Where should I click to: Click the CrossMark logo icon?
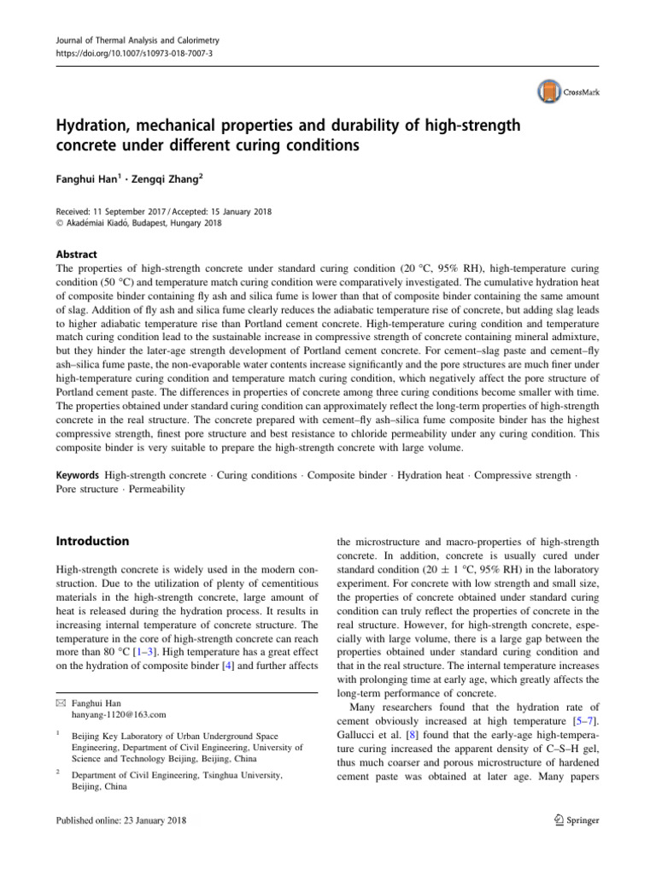point(546,91)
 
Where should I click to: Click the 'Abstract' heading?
point(76,254)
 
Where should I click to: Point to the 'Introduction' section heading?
point(91,541)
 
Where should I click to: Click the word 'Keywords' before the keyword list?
point(77,473)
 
